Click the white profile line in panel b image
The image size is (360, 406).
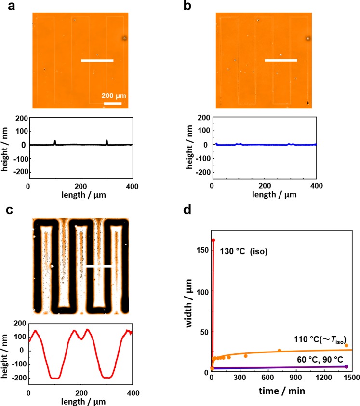click(281, 61)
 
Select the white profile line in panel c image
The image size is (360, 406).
click(100, 266)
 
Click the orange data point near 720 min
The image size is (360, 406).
click(279, 351)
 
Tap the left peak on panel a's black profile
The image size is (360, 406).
click(55, 142)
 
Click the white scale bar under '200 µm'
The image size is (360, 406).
click(112, 103)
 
